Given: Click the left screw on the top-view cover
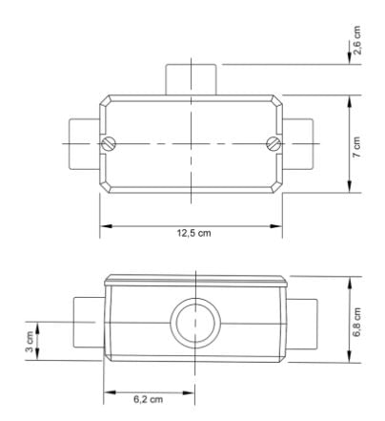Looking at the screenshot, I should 108,145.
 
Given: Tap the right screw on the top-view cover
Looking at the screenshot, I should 274,145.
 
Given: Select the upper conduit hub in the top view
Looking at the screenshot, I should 194,79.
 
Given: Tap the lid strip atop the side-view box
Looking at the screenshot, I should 194,280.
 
